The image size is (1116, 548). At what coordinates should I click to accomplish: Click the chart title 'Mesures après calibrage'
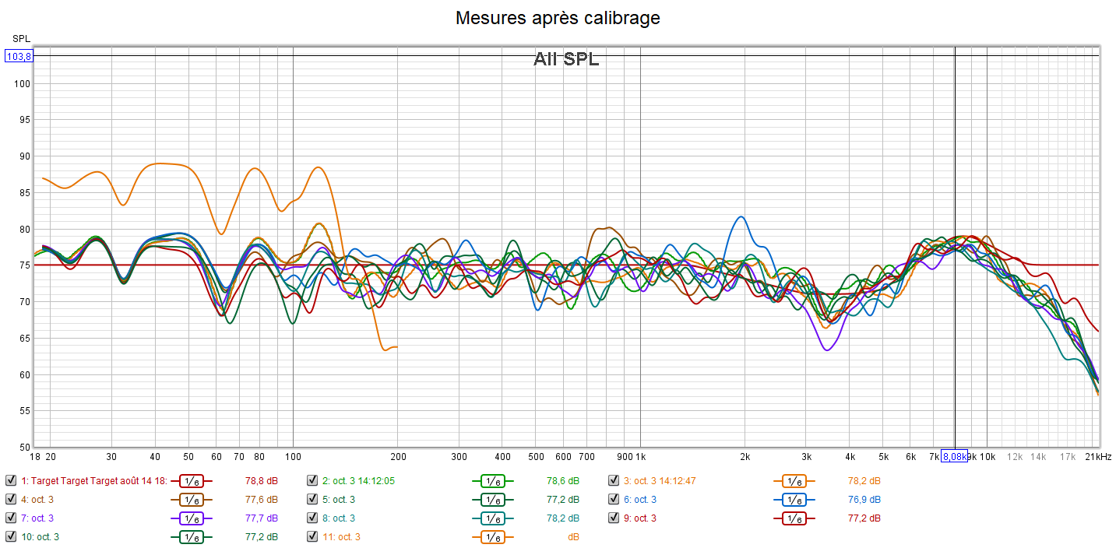coord(558,18)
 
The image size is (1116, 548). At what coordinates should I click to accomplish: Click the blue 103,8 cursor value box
coord(19,56)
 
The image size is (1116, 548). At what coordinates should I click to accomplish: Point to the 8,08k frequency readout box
coord(954,457)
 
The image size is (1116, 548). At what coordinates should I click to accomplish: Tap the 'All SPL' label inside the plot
coord(566,59)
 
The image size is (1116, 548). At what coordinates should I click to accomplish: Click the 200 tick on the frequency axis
coord(398,457)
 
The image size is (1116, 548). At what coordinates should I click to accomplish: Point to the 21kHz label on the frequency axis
coord(1099,457)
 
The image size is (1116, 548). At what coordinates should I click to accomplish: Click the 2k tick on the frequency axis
coord(745,457)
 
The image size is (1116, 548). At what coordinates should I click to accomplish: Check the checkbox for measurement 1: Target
coord(11,480)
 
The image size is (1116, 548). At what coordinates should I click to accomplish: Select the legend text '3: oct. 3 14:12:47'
coord(660,480)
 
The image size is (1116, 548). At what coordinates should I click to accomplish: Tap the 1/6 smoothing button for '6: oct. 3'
coord(794,499)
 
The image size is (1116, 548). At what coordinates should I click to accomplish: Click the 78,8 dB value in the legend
coord(261,480)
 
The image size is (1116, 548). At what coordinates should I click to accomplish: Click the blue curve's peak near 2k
coord(741,216)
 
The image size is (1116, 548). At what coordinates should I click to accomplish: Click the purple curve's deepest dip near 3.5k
coord(826,350)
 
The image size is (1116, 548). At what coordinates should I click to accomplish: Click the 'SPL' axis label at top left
coord(21,38)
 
